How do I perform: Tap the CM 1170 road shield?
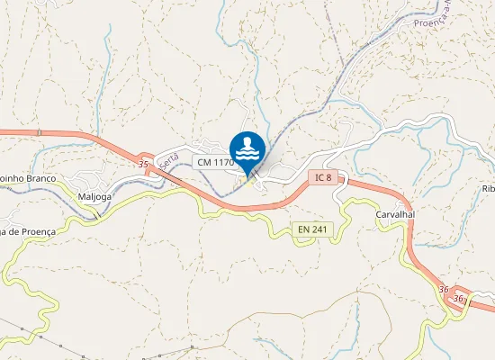pos(213,162)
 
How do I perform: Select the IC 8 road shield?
pos(323,177)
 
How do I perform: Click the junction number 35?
pos(144,165)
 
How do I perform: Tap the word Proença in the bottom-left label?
pos(36,231)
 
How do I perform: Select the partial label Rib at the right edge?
pos(489,188)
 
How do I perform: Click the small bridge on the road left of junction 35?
pos(39,133)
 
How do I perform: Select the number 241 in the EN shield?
pos(319,229)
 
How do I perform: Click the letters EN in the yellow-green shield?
pos(304,229)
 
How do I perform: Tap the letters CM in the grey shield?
pos(203,162)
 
